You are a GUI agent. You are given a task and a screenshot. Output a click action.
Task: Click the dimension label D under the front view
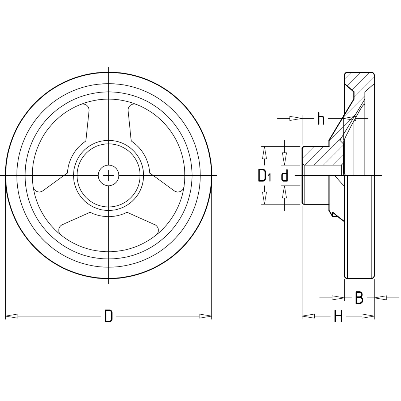[109, 316]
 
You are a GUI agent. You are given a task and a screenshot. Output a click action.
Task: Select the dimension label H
[338, 317]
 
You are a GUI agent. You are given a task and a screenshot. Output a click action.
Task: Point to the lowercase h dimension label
[321, 119]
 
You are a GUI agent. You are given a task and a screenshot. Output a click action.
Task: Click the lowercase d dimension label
[285, 176]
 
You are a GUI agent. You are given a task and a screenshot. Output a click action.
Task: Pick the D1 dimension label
[264, 176]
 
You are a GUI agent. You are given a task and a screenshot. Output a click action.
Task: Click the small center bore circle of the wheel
[109, 176]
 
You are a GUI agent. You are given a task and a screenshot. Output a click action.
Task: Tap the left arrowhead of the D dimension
[12, 316]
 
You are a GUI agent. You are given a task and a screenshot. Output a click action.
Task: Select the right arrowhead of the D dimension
[205, 316]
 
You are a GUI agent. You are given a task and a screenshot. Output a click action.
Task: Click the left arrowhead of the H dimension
[308, 316]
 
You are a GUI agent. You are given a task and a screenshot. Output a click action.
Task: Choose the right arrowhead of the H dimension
[368, 316]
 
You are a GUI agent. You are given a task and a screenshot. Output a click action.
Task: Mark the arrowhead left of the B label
[338, 298]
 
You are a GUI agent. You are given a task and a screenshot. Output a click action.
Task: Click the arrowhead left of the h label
[296, 118]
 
